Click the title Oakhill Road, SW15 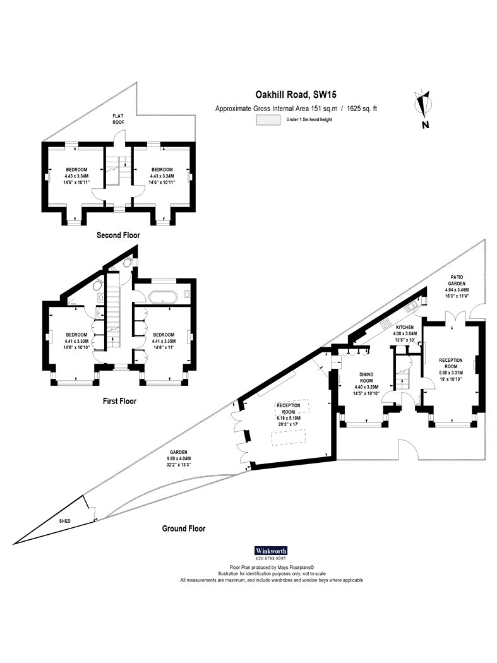(x=296, y=95)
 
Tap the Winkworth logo (x=271, y=551)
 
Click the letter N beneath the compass (x=426, y=125)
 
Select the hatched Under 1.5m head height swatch (x=268, y=120)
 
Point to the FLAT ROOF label (x=119, y=119)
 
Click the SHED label (x=64, y=521)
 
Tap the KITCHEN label (x=404, y=327)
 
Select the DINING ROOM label (x=366, y=378)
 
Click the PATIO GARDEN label (x=457, y=280)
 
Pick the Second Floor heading (x=118, y=235)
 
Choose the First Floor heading (x=120, y=401)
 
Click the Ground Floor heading (x=184, y=529)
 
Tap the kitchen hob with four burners (x=386, y=324)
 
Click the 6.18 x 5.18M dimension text (x=289, y=418)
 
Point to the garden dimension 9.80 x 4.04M (x=177, y=458)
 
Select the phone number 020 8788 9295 (x=271, y=558)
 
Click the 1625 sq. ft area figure (x=362, y=109)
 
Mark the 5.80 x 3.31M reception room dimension (x=451, y=373)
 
